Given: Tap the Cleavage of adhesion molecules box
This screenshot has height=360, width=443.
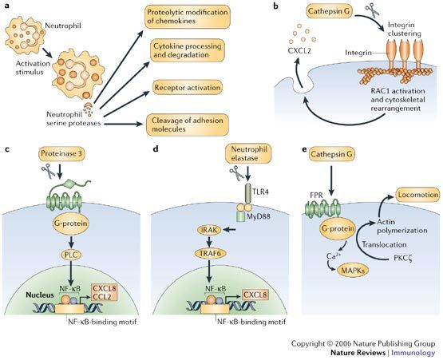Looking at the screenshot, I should click(188, 124).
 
